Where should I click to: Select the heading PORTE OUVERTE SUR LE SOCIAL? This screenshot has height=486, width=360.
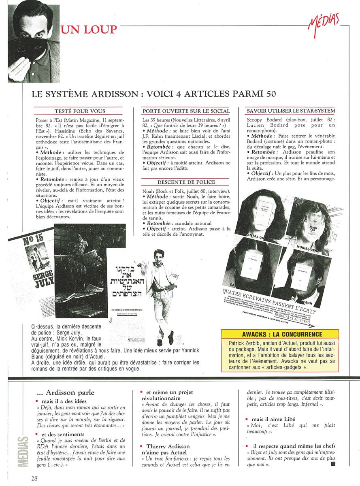pos(186,111)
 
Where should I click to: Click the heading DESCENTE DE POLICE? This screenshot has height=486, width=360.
pos(186,182)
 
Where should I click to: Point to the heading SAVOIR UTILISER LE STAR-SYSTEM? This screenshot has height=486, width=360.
pos(291,111)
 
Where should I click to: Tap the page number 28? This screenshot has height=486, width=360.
pos(35,478)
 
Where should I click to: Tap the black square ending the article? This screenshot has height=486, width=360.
pos(333,465)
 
